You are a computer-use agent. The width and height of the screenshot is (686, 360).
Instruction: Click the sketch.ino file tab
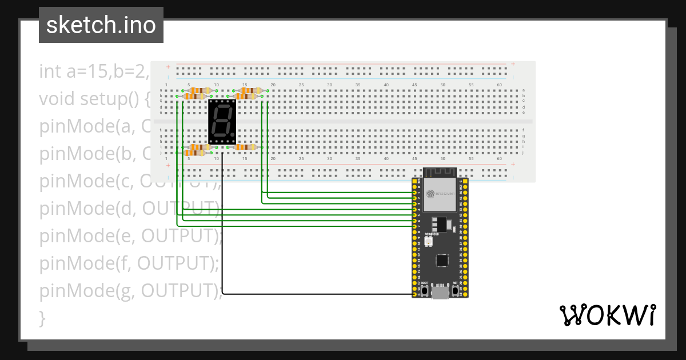click(x=101, y=25)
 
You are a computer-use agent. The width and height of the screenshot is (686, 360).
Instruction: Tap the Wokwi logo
click(x=607, y=315)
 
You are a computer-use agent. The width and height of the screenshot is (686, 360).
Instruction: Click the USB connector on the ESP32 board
click(x=440, y=291)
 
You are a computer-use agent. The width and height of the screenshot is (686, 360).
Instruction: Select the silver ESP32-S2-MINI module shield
click(x=440, y=194)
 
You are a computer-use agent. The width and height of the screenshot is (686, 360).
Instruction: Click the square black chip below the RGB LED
click(x=441, y=261)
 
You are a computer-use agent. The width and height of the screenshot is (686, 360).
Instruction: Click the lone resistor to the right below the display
click(x=246, y=147)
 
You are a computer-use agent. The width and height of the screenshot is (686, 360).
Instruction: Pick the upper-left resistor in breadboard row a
click(x=199, y=90)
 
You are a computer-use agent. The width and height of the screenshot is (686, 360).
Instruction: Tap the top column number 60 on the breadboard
click(x=499, y=85)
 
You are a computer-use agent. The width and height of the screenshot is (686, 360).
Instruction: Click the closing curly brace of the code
click(x=42, y=318)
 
